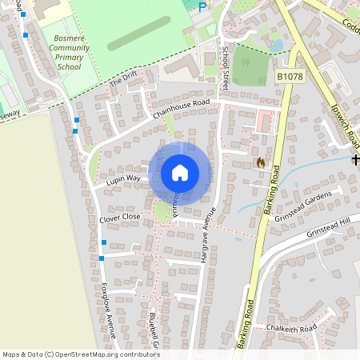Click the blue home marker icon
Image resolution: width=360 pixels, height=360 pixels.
click(x=180, y=173)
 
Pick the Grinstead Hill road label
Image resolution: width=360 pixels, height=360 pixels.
click(x=328, y=229)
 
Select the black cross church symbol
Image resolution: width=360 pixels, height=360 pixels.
click(x=355, y=160)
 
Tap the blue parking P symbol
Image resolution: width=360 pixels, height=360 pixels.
click(x=202, y=6)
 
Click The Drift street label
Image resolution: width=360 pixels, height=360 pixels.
click(x=124, y=78)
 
